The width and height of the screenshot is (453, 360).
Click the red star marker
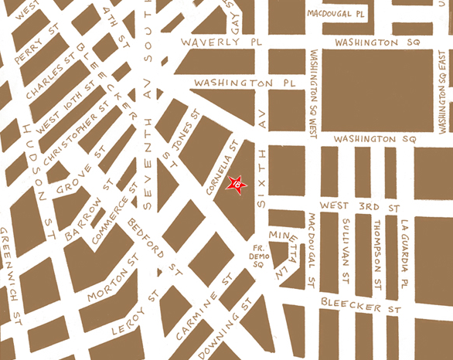[237, 185]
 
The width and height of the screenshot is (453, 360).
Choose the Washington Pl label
[234, 81]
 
